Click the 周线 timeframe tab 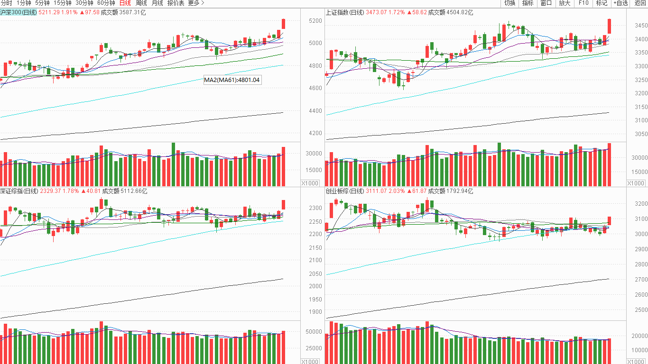tap(141, 3)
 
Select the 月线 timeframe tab tap(157, 3)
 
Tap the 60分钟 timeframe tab tap(106, 3)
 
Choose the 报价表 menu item tap(176, 3)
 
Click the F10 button tap(583, 3)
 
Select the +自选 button tap(620, 3)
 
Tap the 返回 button tap(640, 3)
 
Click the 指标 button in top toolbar tap(528, 3)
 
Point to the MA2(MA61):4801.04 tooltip tap(232, 80)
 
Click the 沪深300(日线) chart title tap(19, 12)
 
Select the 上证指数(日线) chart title tap(344, 12)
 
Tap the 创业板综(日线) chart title tap(344, 191)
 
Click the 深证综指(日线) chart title tap(19, 191)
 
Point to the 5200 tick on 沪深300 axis tap(315, 21)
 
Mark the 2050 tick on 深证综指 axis tap(315, 274)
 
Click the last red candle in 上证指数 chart tap(609, 26)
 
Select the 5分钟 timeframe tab tap(42, 3)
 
